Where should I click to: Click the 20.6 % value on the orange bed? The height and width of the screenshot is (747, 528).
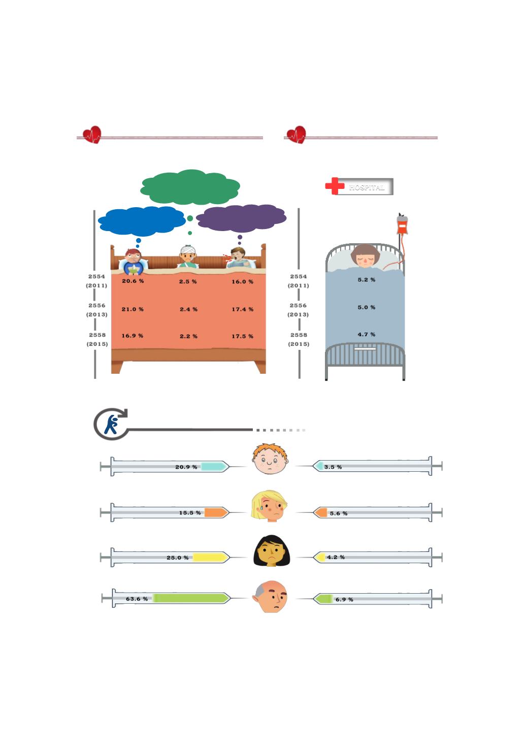click(x=133, y=281)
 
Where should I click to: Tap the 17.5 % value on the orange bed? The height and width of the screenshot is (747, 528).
click(x=242, y=336)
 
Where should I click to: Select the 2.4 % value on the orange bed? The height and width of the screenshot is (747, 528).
click(x=188, y=309)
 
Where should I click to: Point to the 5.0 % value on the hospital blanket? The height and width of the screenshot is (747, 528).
click(x=367, y=307)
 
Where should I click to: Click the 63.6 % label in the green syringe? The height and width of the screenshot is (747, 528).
click(x=137, y=599)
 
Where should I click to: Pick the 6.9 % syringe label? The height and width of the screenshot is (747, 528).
click(x=344, y=599)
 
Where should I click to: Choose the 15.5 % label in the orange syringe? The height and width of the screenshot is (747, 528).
click(x=190, y=512)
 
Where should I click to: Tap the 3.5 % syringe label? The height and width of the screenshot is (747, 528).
click(x=333, y=467)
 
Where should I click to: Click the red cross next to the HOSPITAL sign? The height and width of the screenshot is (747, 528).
click(x=335, y=186)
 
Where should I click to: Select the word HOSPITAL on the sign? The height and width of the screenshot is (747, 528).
click(x=367, y=187)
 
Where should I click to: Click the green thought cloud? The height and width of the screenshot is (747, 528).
click(x=190, y=187)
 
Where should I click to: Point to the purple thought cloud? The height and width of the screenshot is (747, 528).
click(x=241, y=218)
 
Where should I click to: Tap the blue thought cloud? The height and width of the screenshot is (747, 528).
click(x=142, y=221)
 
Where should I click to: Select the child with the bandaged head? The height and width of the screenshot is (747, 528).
click(x=188, y=256)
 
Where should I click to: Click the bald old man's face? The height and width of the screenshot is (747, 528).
click(x=270, y=597)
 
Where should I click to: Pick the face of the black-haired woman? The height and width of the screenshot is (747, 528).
click(x=272, y=551)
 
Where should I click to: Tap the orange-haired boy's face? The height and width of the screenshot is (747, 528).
click(x=270, y=459)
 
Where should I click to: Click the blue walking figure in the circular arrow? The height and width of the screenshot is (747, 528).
click(x=111, y=424)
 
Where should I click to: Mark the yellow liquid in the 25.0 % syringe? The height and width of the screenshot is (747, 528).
click(x=210, y=557)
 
